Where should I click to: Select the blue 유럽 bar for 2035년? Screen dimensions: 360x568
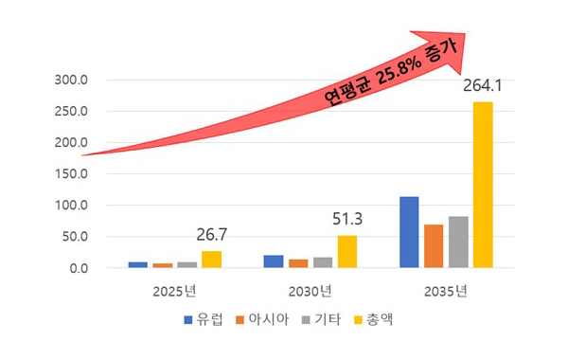pos(409,232)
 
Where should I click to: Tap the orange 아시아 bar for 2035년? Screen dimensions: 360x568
pos(434,246)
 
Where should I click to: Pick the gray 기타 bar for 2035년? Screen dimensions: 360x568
pos(458,243)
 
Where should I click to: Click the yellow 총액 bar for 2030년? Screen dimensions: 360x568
pos(347,252)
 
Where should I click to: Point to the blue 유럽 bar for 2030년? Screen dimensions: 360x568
pos(274,261)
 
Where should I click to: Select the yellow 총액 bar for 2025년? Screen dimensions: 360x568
pos(211,260)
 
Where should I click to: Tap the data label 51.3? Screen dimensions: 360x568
pos(347,220)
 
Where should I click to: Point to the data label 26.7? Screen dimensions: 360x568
pos(211,235)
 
